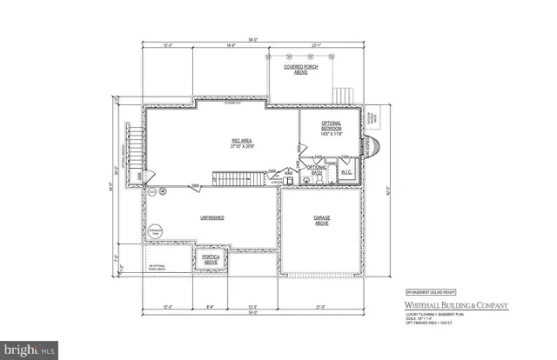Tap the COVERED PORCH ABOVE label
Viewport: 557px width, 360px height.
[x=300, y=69]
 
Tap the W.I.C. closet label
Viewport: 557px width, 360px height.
[x=346, y=171]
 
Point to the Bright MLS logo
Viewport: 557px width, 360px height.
[x=31, y=350]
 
